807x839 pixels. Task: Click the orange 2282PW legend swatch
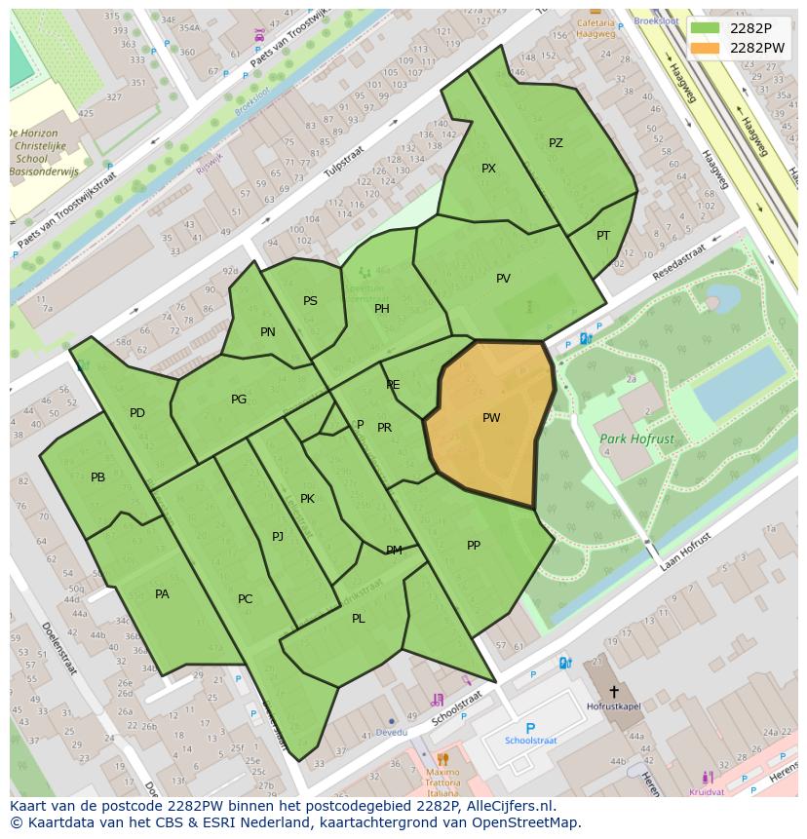click(x=707, y=48)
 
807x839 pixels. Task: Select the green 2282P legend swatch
click(x=707, y=28)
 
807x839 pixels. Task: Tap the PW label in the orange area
click(x=491, y=418)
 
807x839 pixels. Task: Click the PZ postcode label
click(x=556, y=143)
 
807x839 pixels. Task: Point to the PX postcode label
click(x=488, y=169)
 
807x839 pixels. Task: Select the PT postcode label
click(x=603, y=236)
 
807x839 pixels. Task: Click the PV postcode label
click(x=503, y=279)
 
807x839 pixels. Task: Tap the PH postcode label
click(x=382, y=309)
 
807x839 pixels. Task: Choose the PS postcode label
click(x=310, y=301)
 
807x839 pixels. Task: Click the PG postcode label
click(x=239, y=400)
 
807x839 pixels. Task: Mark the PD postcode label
click(x=137, y=413)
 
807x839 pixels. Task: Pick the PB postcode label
click(x=97, y=477)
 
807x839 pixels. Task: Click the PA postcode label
click(x=162, y=594)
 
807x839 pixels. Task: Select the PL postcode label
click(x=359, y=619)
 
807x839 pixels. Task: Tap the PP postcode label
click(x=474, y=546)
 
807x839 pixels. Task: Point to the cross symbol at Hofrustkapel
click(x=613, y=691)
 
